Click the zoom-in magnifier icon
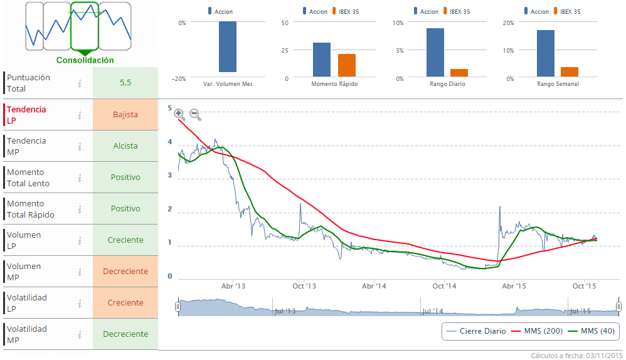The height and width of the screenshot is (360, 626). click(180, 114)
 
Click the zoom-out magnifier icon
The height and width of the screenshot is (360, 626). click(195, 114)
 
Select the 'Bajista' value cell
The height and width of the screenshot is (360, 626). click(125, 115)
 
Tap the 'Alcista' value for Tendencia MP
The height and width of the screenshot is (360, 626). click(125, 146)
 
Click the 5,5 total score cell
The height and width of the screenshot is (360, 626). click(125, 83)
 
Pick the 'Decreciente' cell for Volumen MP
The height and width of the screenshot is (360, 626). click(125, 272)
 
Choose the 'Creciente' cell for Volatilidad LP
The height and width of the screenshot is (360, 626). click(125, 303)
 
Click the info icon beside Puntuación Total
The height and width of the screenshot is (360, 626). click(80, 83)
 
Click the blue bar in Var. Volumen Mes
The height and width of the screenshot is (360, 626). click(228, 47)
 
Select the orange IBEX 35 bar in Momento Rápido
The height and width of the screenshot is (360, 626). click(347, 65)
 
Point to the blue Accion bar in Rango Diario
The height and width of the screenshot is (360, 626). click(435, 53)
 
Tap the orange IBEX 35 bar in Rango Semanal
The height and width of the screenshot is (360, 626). click(570, 72)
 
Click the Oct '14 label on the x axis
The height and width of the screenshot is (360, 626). click(443, 287)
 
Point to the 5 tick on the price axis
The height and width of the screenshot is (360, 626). click(170, 109)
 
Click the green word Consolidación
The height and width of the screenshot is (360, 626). click(85, 60)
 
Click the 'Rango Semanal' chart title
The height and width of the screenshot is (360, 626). click(558, 84)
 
